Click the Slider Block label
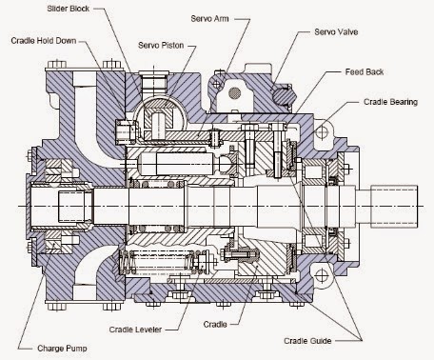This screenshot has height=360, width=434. tap(69, 9)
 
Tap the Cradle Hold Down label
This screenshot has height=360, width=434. tap(44, 41)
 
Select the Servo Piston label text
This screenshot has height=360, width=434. tap(161, 45)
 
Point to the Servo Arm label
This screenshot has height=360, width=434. tap(209, 18)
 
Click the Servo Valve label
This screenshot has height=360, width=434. tap(336, 31)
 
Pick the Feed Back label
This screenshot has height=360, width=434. tap(365, 72)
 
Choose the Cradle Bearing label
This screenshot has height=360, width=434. tap(390, 102)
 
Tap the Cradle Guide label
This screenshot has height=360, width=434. tap(307, 341)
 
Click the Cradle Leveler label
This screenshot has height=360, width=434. tap(135, 330)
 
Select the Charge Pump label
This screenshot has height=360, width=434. tap(62, 349)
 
